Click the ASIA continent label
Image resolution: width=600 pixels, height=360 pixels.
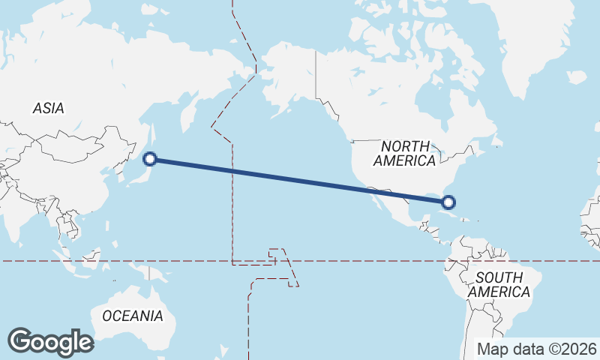tap(48, 108)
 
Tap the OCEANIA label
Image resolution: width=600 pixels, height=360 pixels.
tap(132, 316)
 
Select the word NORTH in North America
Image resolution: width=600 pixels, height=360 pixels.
tap(405, 146)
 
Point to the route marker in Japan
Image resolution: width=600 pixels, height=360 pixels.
tap(150, 158)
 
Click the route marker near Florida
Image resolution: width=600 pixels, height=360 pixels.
tap(448, 201)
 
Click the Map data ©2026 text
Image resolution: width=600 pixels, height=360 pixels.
tap(538, 349)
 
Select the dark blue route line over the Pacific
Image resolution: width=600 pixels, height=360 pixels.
tap(300, 180)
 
